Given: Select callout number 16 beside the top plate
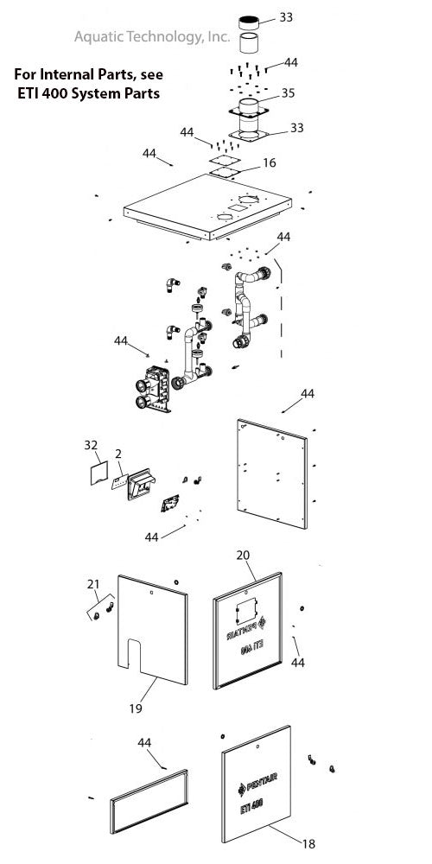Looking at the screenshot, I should [270, 162].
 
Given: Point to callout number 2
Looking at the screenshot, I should [116, 453].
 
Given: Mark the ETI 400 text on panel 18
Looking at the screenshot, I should [258, 812].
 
